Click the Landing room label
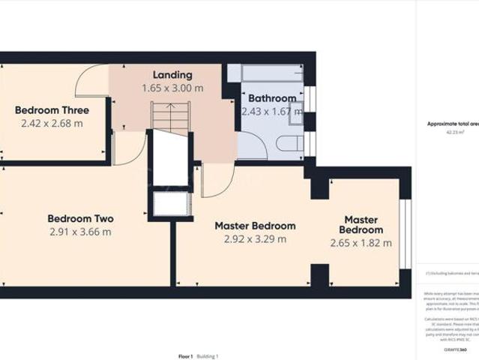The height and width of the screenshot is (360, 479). pos(172,75)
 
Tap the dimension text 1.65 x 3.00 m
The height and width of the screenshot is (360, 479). pos(172,88)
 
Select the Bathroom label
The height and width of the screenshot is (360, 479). pos(271,98)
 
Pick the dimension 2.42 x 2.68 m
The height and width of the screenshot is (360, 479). pos(52,123)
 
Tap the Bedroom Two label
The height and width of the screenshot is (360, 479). pos(80,219)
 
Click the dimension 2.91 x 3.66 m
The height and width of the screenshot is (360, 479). pos(80,232)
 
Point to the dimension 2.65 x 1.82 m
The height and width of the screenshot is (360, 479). pos(361,243)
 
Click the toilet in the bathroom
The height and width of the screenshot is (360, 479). pos(289,143)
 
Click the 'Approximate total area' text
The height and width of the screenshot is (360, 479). pos(452,124)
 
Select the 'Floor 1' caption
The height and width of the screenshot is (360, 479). pos(185,355)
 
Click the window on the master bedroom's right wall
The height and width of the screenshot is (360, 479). pos(405,232)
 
